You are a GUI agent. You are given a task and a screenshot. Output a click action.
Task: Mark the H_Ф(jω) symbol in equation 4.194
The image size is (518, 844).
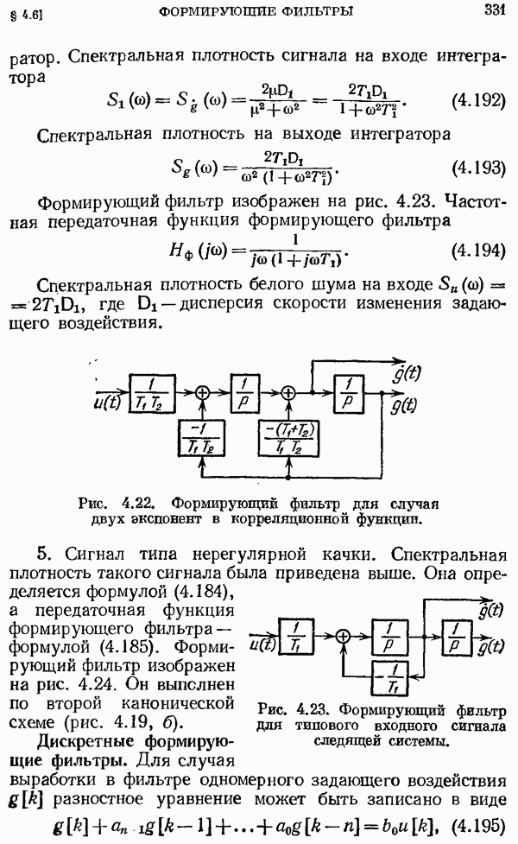click(220, 257)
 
